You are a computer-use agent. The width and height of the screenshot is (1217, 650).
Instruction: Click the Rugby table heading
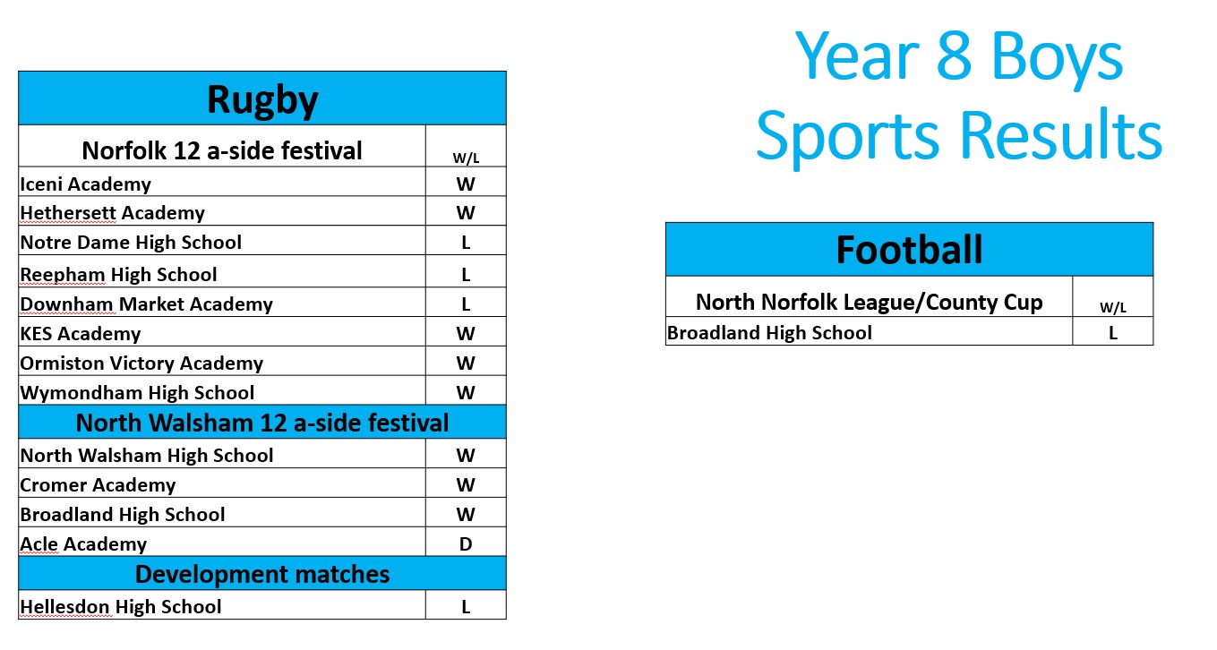coord(262,100)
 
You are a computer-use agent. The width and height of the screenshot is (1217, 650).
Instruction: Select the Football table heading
coord(909,250)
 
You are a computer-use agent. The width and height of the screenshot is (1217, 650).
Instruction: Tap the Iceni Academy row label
coord(85,184)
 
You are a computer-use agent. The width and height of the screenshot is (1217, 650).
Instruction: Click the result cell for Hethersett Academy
coord(466,212)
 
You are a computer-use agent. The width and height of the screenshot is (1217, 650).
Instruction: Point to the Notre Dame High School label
coord(131,243)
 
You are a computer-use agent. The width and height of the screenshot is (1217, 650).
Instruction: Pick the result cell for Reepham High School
coord(466,275)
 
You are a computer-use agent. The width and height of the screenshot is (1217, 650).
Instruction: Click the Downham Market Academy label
coord(147,304)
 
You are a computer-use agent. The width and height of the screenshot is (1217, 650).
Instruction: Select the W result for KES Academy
coord(466,333)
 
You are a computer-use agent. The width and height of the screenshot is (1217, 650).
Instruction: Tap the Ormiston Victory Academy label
coord(141,363)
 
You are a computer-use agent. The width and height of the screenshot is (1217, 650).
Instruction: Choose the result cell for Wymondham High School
coord(466,393)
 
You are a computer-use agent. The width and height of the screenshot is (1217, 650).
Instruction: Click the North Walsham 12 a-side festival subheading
coord(262,423)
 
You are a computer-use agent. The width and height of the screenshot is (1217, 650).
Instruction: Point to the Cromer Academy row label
coord(98,485)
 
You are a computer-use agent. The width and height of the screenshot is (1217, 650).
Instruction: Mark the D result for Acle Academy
coord(466,544)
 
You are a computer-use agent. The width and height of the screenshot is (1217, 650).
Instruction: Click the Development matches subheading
coord(262,574)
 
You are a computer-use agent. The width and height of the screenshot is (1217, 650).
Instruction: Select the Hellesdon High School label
coord(121,606)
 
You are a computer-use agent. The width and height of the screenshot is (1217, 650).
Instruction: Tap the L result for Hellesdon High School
coord(466,607)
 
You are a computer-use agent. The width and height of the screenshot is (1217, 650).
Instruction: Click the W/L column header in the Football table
coord(1113,308)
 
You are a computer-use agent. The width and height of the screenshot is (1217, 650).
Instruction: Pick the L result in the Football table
coord(1113,333)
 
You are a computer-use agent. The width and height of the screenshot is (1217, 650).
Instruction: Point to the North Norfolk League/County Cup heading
coord(870,303)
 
